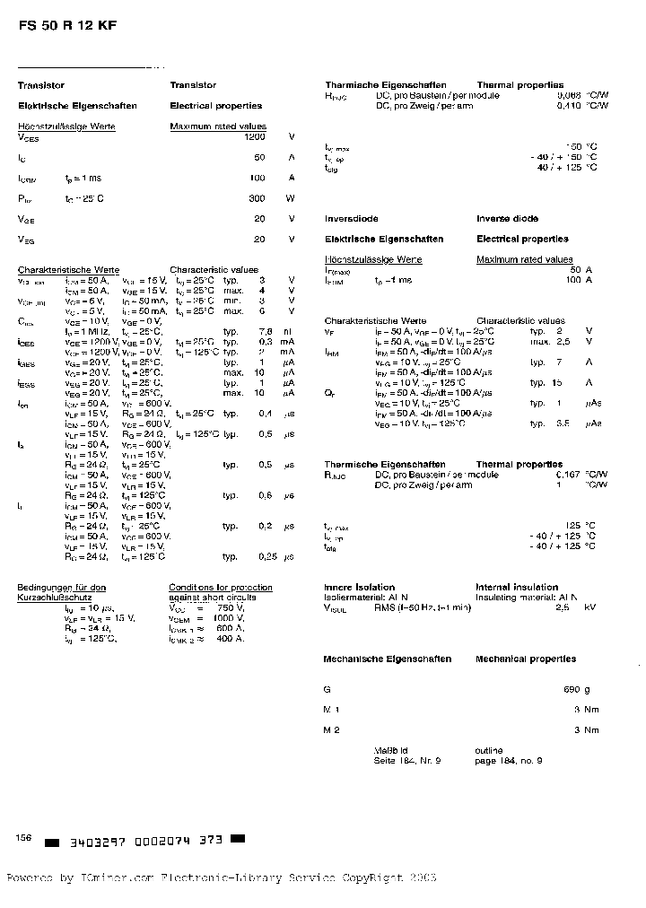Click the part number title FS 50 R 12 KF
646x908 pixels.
click(66, 27)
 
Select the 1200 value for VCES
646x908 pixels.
click(255, 137)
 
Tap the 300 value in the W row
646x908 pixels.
click(258, 198)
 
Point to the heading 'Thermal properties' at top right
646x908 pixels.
click(520, 84)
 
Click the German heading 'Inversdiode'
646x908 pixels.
click(351, 219)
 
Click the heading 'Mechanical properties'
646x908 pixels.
click(526, 659)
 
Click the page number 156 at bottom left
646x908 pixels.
click(24, 837)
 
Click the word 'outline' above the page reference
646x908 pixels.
click(489, 750)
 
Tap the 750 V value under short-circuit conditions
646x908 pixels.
click(228, 608)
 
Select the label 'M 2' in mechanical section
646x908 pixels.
click(331, 730)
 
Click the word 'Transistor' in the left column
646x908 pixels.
click(41, 85)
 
